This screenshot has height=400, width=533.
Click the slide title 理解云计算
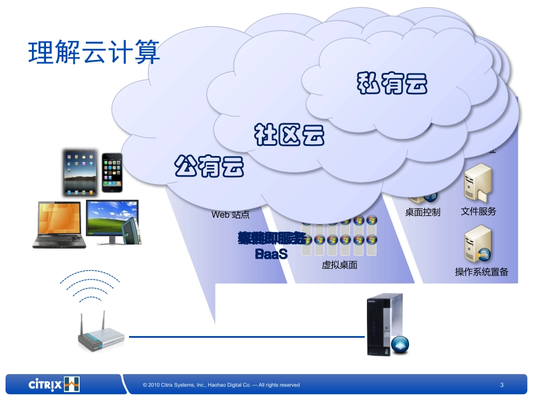pyautogui.click(x=94, y=54)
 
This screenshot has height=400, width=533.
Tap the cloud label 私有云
pyautogui.click(x=392, y=84)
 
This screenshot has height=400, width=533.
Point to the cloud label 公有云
pyautogui.click(x=209, y=165)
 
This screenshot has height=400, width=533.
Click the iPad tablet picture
pyautogui.click(x=80, y=172)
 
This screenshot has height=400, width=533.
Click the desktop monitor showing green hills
pyautogui.click(x=112, y=221)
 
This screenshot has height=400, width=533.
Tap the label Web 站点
pyautogui.click(x=230, y=214)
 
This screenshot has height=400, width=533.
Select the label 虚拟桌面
pyautogui.click(x=339, y=265)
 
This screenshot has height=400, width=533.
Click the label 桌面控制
pyautogui.click(x=422, y=212)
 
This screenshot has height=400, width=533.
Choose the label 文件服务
pyautogui.click(x=479, y=212)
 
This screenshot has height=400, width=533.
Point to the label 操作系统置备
pyautogui.click(x=481, y=272)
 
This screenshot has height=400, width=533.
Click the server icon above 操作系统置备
pyautogui.click(x=478, y=245)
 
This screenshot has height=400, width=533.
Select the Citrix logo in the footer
pyautogui.click(x=54, y=384)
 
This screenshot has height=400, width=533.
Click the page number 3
pyautogui.click(x=502, y=385)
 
